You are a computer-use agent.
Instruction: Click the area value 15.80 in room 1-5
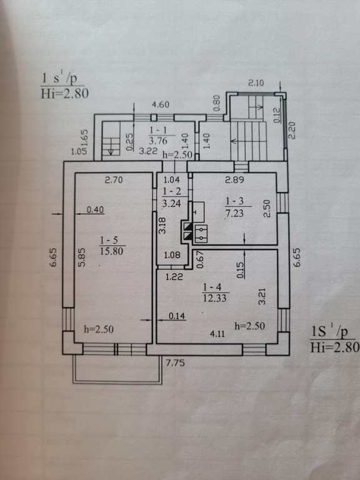click(x=111, y=251)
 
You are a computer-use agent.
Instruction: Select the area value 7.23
click(x=234, y=213)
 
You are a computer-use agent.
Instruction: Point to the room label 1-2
click(x=172, y=192)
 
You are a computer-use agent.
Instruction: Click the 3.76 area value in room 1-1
click(x=158, y=141)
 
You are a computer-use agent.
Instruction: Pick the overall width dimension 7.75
click(x=175, y=363)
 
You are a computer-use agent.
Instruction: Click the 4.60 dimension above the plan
click(x=161, y=105)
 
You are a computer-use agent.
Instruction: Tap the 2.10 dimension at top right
click(x=256, y=83)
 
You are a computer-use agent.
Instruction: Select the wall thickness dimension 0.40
click(x=95, y=210)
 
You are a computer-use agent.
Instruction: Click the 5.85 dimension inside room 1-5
click(x=82, y=257)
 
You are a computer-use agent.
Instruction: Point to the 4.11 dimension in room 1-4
click(x=217, y=334)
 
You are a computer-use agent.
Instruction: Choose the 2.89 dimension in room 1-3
click(x=234, y=180)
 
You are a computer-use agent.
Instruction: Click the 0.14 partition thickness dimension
click(x=177, y=316)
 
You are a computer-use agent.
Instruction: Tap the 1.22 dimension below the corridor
click(x=174, y=277)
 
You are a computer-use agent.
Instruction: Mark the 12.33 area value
click(x=214, y=297)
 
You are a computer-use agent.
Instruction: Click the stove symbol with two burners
click(x=201, y=234)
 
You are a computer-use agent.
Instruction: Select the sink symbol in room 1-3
click(x=198, y=212)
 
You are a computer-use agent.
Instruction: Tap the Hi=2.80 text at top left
click(x=64, y=93)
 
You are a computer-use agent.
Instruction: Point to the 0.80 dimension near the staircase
click(x=216, y=104)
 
